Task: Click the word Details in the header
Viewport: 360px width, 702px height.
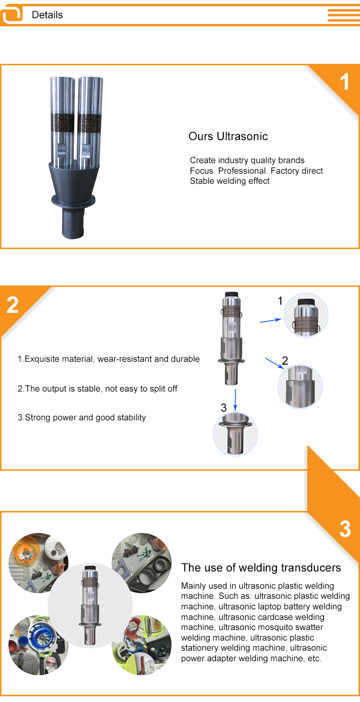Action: tap(48, 15)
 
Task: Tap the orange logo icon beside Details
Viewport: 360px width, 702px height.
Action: tap(12, 14)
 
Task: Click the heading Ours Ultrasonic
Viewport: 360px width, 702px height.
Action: tap(228, 136)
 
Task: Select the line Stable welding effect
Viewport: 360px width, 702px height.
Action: tap(229, 181)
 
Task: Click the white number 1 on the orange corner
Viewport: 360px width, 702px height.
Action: tap(345, 82)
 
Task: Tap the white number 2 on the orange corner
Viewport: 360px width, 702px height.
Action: tap(12, 305)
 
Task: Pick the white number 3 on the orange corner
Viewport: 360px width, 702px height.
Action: tap(345, 529)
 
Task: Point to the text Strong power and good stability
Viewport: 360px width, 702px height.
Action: tap(82, 417)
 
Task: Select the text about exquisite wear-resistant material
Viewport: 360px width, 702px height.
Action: tap(108, 359)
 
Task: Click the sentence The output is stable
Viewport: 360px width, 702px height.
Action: tap(97, 389)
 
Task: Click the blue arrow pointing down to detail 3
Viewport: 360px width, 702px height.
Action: tap(235, 400)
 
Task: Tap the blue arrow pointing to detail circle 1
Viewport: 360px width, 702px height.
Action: tap(271, 320)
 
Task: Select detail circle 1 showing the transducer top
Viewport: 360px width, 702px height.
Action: tap(306, 315)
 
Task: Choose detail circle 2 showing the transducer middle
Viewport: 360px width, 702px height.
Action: tap(300, 386)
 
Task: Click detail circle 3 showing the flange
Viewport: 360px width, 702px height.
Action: tap(235, 434)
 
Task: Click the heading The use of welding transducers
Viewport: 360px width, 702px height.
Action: tap(261, 568)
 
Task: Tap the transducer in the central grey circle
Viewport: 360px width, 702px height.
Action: tap(90, 606)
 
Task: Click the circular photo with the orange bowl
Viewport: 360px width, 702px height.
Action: tap(38, 562)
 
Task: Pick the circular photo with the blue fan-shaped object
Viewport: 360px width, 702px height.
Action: tap(38, 645)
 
